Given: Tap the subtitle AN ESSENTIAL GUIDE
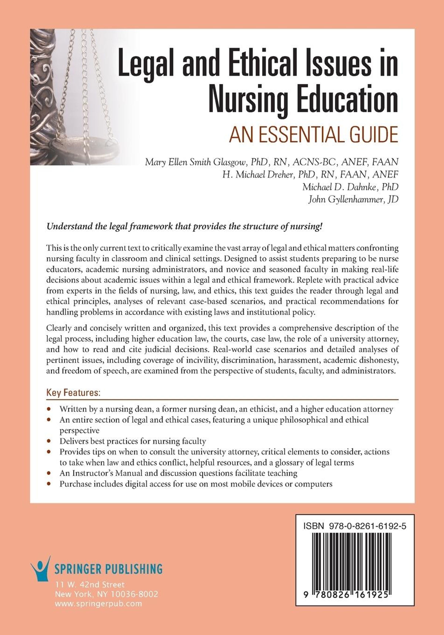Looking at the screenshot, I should click(313, 134).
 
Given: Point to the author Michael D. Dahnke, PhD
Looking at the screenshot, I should click(350, 187).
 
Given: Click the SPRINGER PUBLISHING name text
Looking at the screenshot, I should click(108, 569).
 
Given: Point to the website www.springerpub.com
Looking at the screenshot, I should click(98, 604).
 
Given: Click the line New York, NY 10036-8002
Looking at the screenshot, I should click(107, 594).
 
